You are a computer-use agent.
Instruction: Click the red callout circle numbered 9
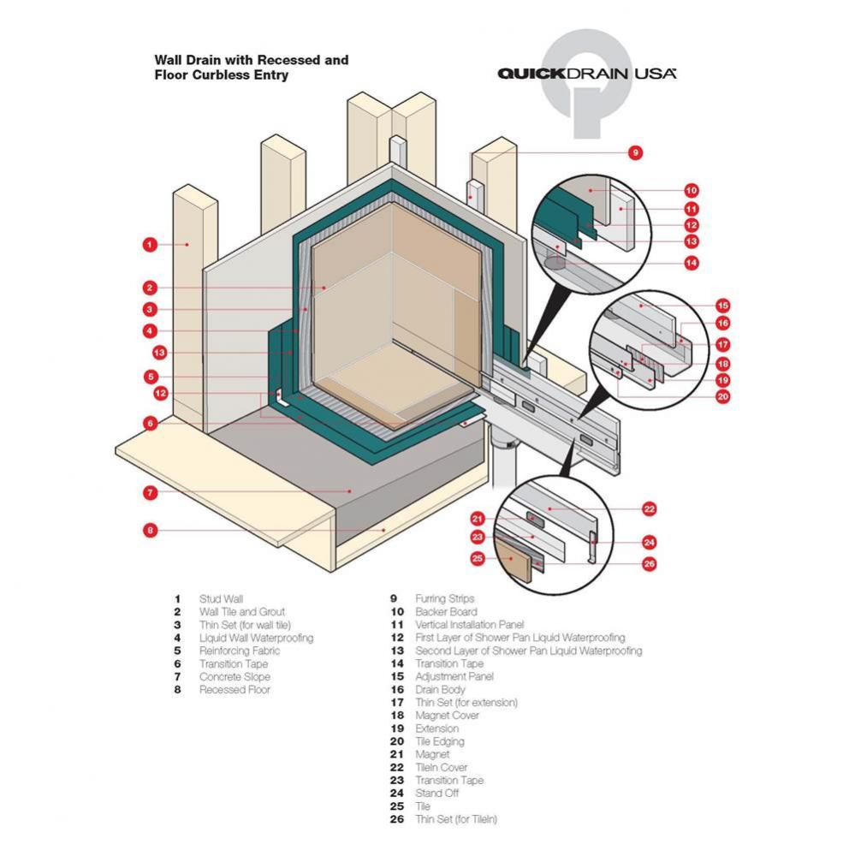point(634,153)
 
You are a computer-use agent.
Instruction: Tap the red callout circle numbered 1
point(149,245)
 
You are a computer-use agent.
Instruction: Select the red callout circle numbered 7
point(149,492)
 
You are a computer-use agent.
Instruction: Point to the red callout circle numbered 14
point(691,264)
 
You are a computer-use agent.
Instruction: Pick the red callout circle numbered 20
point(722,395)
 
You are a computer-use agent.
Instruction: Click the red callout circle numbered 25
point(478,558)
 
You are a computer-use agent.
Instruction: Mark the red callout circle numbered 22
point(650,509)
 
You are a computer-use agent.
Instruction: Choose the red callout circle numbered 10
point(691,191)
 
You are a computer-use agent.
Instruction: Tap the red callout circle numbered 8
point(149,530)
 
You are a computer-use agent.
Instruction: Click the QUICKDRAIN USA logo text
point(587,74)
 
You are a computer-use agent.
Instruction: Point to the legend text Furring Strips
point(444,599)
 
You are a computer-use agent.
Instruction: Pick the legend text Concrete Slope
point(235,677)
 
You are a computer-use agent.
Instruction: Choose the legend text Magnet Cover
point(447,716)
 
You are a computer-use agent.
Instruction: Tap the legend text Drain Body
point(440,690)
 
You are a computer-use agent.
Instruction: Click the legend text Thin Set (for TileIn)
point(455,819)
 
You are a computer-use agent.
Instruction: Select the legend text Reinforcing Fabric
point(239,651)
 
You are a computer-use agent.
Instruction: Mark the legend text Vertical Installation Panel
point(469,625)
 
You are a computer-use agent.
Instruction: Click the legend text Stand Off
point(437,794)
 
